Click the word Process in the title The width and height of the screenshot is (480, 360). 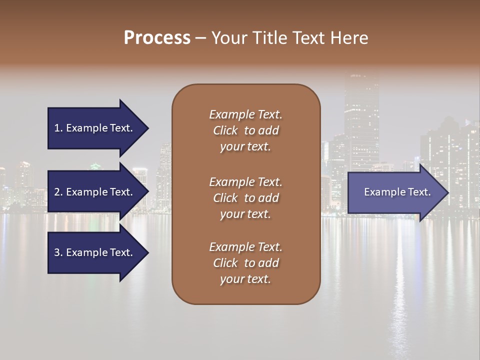click(x=157, y=38)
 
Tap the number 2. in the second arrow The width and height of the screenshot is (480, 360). click(x=58, y=192)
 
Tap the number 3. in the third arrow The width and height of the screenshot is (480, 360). click(x=58, y=252)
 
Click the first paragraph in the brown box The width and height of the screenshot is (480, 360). click(x=245, y=130)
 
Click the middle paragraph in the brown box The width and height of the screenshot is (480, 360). click(x=245, y=198)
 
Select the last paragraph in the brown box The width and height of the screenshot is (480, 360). click(x=245, y=263)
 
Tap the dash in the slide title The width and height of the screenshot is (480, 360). click(x=200, y=38)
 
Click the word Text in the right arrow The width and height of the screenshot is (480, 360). click(x=418, y=192)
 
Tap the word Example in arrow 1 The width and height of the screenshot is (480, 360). click(x=86, y=128)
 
